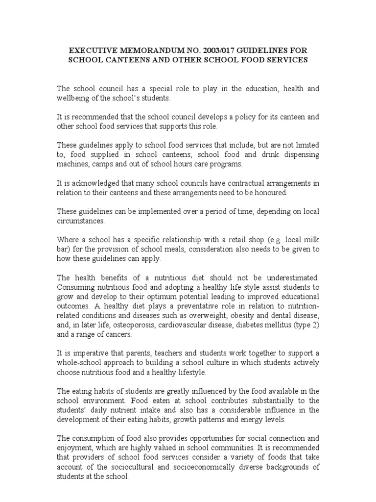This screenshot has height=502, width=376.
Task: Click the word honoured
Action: coord(268,192)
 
